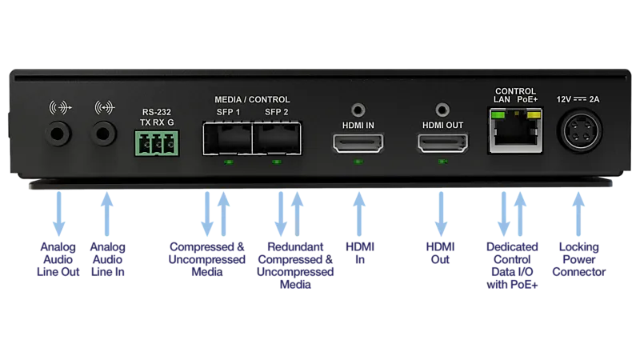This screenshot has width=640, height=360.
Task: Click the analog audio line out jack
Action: point(58,134)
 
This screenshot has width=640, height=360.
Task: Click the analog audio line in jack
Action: point(104,134)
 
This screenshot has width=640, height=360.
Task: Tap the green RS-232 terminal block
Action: point(157,143)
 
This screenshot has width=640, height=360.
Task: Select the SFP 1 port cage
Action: point(228,138)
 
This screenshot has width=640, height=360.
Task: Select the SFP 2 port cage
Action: point(277,138)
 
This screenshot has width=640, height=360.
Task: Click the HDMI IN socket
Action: point(358,143)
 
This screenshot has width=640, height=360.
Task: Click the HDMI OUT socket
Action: point(442,143)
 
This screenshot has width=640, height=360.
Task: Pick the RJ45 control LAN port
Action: point(515,130)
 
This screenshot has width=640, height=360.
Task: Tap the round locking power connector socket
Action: point(579,131)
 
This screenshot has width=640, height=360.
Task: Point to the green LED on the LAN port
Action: point(498,114)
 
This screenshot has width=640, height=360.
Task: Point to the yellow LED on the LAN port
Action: point(534,114)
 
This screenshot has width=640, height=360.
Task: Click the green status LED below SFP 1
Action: point(229,162)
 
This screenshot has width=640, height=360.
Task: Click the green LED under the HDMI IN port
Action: point(358,162)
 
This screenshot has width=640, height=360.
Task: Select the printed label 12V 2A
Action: point(578,99)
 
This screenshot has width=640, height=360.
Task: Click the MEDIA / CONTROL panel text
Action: point(252,99)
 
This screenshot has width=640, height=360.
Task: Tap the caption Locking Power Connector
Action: point(578,259)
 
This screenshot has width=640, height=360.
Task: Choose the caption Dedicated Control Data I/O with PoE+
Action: point(512,266)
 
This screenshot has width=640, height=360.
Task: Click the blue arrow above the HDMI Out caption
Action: point(442,214)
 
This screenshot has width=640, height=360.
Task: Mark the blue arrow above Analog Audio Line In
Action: point(107,214)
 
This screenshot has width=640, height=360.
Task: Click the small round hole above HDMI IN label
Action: point(358,110)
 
